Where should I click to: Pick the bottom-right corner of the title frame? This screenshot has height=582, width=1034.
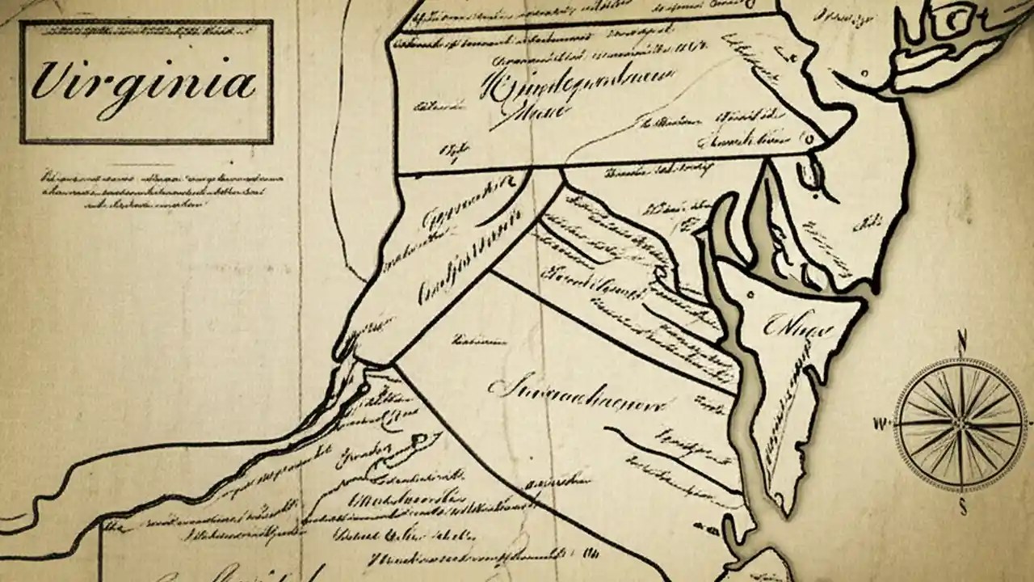coord(271,141)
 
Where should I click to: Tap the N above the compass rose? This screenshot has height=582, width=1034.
coord(962,338)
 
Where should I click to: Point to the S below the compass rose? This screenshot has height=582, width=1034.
coord(962,508)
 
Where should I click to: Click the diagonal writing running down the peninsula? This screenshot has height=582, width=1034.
coord(796,404)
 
